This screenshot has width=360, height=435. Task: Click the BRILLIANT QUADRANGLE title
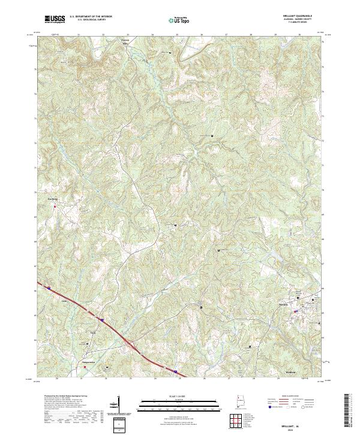pyautogui.click(x=300, y=16)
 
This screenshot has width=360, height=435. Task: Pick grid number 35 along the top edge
pyautogui.click(x=177, y=35)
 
